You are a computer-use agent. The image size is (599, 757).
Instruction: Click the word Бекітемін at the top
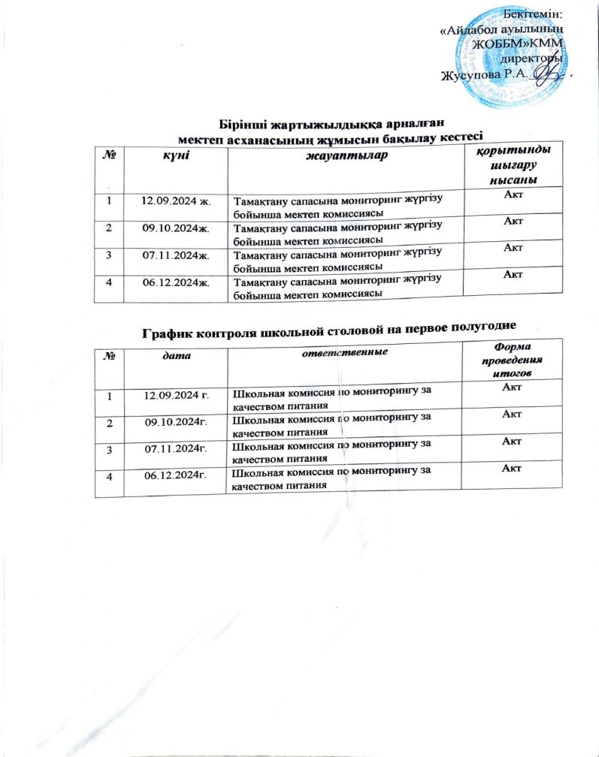[534, 15]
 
